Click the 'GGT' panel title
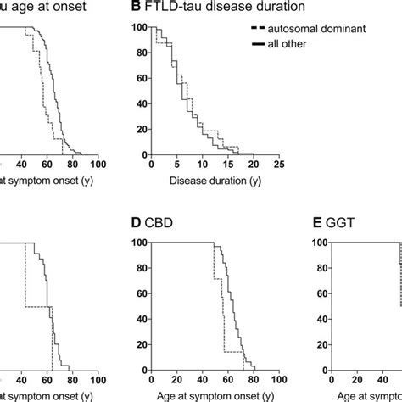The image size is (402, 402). [334, 225]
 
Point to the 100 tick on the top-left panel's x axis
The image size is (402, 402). [98, 165]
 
